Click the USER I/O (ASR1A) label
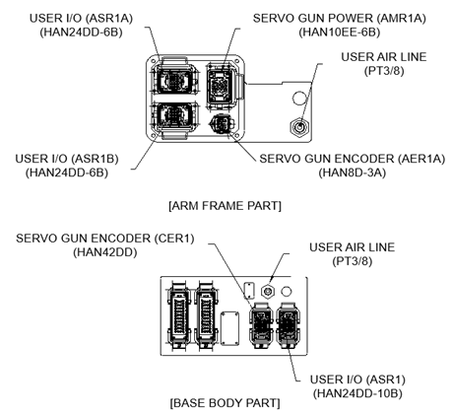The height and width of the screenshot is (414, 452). pyautogui.click(x=81, y=19)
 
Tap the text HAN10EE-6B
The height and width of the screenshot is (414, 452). pyautogui.click(x=339, y=33)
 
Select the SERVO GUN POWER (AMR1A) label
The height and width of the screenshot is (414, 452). pyautogui.click(x=339, y=19)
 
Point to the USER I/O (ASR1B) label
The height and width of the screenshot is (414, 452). pyautogui.click(x=67, y=159)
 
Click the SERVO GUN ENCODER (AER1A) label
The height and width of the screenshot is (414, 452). pyautogui.click(x=353, y=159)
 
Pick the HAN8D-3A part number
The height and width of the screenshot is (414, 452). pyautogui.click(x=353, y=172)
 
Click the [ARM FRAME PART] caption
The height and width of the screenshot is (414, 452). pyautogui.click(x=225, y=206)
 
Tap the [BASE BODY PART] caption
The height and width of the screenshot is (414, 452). pyautogui.click(x=225, y=403)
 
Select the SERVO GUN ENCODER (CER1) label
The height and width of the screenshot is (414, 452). pyautogui.click(x=105, y=239)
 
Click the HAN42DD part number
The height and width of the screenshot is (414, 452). pyautogui.click(x=105, y=252)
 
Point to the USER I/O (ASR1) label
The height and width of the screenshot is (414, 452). pyautogui.click(x=357, y=379)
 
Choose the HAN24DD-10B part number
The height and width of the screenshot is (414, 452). pyautogui.click(x=357, y=393)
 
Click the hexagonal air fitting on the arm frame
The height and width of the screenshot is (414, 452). pyautogui.click(x=299, y=127)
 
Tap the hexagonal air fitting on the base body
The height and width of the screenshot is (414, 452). pyautogui.click(x=268, y=291)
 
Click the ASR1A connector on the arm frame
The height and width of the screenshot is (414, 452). pyautogui.click(x=174, y=79)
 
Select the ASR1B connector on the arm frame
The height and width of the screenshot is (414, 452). pyautogui.click(x=174, y=119)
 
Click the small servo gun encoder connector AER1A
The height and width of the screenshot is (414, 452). pyautogui.click(x=222, y=124)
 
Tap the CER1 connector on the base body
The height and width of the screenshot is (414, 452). pyautogui.click(x=261, y=325)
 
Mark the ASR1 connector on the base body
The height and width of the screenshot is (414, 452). pyautogui.click(x=288, y=325)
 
